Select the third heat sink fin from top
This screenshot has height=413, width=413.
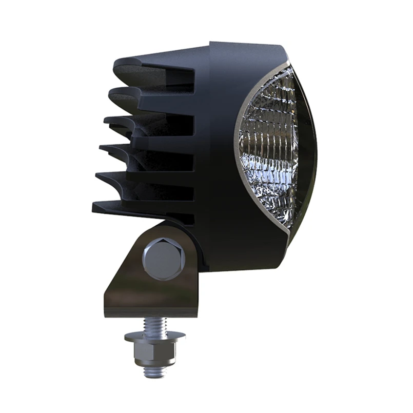(x=144, y=122)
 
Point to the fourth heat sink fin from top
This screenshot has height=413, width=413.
(x=141, y=150)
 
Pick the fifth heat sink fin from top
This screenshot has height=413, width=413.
(x=139, y=178)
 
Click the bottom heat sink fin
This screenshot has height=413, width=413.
(x=139, y=207)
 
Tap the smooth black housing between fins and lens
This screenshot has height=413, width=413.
(x=215, y=154)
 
